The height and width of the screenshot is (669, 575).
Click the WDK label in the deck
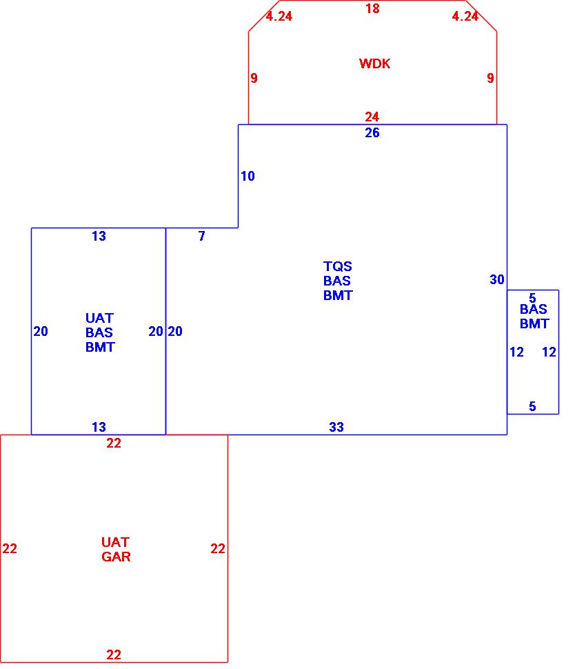(x=374, y=64)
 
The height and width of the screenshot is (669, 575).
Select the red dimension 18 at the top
(x=372, y=9)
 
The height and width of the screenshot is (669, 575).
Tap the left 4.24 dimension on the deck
(x=279, y=17)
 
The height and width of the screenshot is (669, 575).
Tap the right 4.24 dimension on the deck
(x=465, y=17)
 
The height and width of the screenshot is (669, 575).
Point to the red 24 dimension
(x=372, y=117)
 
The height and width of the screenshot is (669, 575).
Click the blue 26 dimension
(x=372, y=133)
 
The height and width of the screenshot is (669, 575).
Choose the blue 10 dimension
(x=248, y=177)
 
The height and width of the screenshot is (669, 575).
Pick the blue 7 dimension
(x=202, y=237)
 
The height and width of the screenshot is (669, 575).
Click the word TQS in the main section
(x=337, y=266)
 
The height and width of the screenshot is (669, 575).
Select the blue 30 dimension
(x=497, y=279)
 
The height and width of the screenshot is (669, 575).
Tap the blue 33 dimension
(x=336, y=428)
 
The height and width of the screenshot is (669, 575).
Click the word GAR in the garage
(x=116, y=557)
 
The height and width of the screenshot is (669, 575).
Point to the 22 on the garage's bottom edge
(x=114, y=655)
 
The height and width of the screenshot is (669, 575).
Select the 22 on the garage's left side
(x=10, y=549)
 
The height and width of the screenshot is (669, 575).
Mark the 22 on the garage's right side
(x=218, y=549)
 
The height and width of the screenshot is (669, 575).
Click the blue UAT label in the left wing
(x=99, y=318)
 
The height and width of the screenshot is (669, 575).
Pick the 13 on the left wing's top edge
(x=99, y=237)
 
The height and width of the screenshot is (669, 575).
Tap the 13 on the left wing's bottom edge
(x=99, y=428)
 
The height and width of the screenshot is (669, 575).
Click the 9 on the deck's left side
(x=254, y=79)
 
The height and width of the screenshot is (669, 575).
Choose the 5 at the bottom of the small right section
(x=532, y=407)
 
